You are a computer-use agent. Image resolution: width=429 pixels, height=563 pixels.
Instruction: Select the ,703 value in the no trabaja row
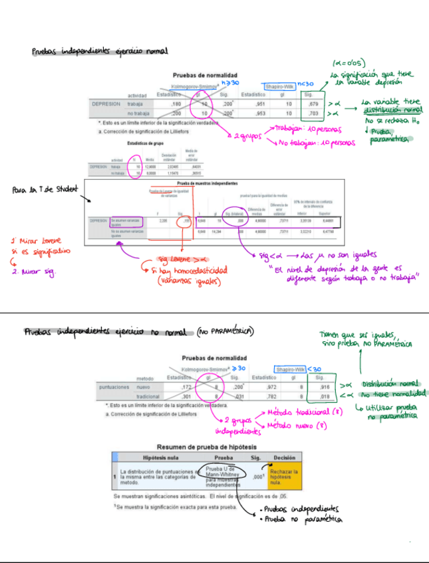pos(315,114)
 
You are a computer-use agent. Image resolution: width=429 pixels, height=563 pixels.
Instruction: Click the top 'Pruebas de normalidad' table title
pos(205,76)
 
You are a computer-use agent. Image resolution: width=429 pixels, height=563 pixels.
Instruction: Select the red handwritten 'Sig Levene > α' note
pos(178,260)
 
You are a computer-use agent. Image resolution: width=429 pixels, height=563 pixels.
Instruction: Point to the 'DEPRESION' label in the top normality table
pos(106,104)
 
